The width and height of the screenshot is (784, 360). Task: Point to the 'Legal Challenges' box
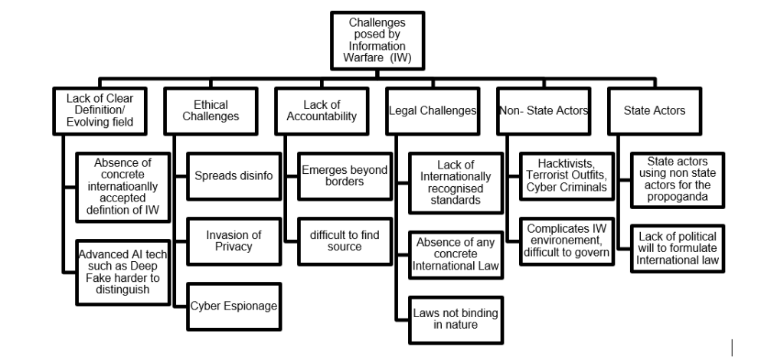tap(433, 112)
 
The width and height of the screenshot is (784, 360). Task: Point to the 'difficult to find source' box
tap(342, 241)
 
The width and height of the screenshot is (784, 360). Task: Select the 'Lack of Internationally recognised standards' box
tap(456, 182)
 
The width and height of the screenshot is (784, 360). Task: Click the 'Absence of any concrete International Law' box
tap(456, 254)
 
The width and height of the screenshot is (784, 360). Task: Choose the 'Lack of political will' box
tap(677, 247)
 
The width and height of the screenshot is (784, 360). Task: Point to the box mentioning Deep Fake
tap(124, 272)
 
